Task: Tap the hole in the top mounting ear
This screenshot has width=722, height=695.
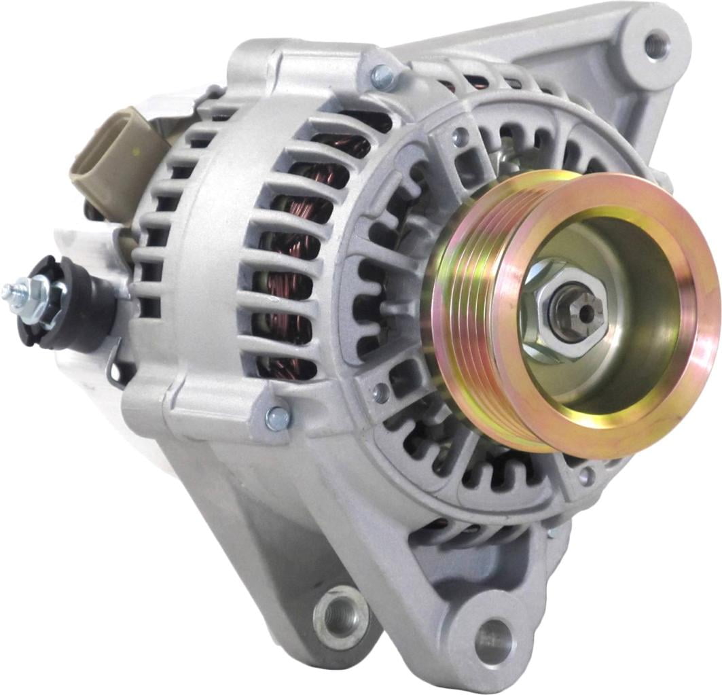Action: (x=656, y=45)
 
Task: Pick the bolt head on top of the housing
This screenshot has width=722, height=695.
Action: (x=384, y=77)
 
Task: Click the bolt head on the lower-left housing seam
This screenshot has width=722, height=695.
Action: (x=278, y=418)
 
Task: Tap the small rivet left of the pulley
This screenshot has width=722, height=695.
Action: (x=381, y=393)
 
